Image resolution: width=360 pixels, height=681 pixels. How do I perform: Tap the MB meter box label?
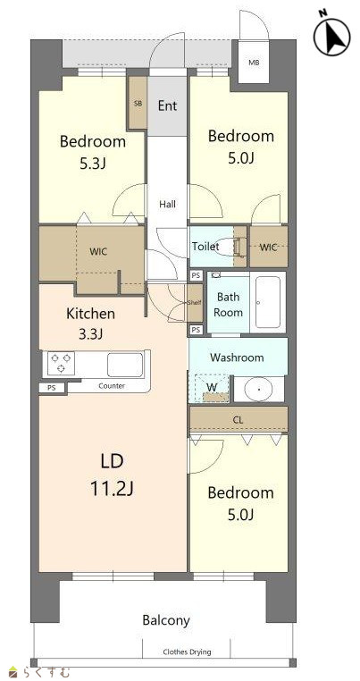click(254, 63)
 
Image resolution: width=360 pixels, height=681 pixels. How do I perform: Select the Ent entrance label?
click(167, 105)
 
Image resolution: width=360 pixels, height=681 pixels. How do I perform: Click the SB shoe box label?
click(138, 104)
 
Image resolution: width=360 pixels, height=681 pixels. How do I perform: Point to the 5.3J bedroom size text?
click(93, 164)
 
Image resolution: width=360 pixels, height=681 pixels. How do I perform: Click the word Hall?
click(167, 204)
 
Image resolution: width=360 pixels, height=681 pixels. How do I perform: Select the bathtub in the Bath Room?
click(267, 302)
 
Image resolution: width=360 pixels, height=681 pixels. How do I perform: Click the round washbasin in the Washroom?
click(258, 389)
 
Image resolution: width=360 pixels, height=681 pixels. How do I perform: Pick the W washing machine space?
click(212, 387)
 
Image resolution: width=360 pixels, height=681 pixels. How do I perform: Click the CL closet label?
click(238, 420)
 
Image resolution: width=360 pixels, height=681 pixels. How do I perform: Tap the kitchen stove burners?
click(62, 363)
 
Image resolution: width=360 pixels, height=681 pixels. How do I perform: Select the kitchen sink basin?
click(125, 365)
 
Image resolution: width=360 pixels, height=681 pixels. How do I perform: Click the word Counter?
click(112, 386)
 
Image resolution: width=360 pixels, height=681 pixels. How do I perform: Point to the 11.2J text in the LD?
click(112, 489)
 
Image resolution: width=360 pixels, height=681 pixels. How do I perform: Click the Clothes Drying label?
click(187, 652)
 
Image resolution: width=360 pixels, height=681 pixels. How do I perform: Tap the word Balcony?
click(166, 620)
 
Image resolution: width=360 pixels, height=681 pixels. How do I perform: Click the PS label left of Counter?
click(52, 388)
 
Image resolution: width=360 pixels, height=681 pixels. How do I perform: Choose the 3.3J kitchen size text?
click(90, 333)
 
